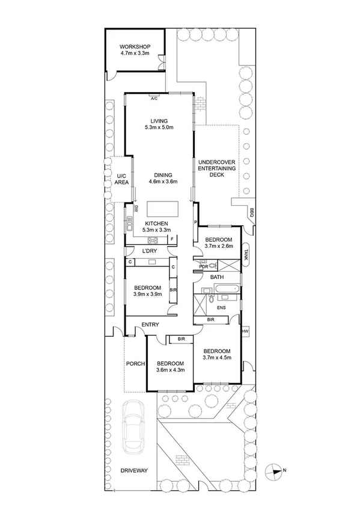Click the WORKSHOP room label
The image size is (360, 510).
click(134, 47)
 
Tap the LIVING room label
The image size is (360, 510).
click(159, 121)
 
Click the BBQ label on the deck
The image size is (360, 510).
click(251, 212)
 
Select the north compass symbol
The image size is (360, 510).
click(275, 470)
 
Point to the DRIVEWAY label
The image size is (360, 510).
click(133, 470)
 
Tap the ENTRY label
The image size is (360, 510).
click(150, 325)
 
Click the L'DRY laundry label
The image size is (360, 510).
click(150, 251)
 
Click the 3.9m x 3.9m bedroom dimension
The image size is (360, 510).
click(147, 294)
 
